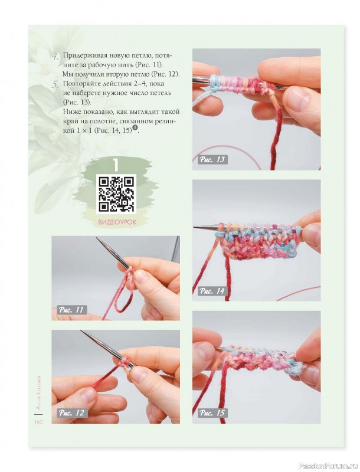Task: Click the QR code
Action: point(116,194)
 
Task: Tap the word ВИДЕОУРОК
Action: point(117,222)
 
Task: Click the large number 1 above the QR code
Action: point(116,165)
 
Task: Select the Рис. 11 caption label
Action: point(71,310)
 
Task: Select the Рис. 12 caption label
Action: point(72,412)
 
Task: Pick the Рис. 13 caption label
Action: point(212,159)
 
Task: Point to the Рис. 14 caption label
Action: point(212,291)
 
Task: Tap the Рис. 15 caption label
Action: point(212,412)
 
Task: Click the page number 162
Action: point(38,422)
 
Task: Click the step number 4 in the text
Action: point(55,57)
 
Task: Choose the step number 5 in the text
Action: point(55,84)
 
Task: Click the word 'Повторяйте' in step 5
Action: point(80,83)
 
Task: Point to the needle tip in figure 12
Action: point(81,331)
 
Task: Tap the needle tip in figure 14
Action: point(194,227)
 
